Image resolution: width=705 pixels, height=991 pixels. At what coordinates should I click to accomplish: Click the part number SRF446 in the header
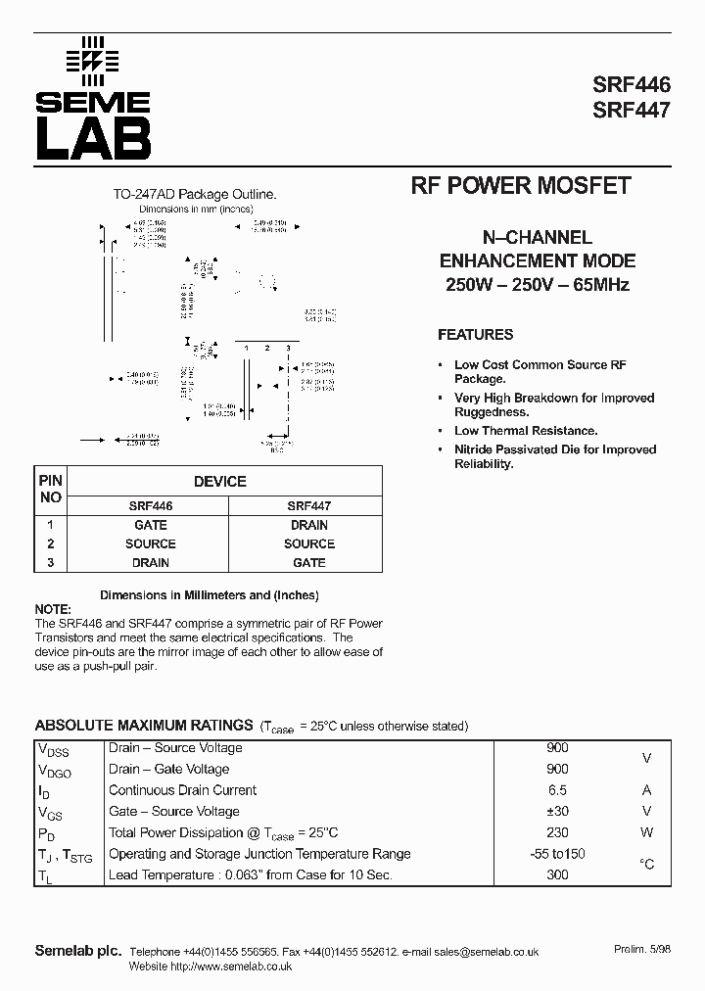(x=632, y=85)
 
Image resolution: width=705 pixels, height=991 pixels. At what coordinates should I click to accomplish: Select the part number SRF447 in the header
(x=632, y=110)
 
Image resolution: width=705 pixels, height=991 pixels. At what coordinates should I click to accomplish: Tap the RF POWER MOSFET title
(x=519, y=186)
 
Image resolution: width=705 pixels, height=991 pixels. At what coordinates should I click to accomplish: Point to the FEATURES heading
(x=475, y=335)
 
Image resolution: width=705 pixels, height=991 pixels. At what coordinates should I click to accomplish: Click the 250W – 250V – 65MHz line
(x=537, y=285)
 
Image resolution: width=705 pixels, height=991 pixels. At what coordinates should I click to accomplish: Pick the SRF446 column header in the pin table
(x=151, y=506)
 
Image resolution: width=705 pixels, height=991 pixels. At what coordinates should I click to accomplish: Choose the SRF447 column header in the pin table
(x=308, y=506)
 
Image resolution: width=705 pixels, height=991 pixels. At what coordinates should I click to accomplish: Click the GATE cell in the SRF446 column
(x=151, y=525)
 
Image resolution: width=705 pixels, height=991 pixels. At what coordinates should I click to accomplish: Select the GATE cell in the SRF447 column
(x=308, y=563)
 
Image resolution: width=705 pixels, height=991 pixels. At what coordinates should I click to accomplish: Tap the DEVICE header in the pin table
(x=220, y=482)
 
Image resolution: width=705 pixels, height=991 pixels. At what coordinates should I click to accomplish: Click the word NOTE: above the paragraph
(x=53, y=608)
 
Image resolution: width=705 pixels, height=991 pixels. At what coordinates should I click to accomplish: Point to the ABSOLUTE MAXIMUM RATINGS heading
(x=144, y=726)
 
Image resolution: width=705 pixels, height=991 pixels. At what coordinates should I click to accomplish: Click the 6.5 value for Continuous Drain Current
(x=557, y=790)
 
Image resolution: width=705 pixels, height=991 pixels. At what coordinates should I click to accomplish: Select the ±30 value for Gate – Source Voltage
(x=557, y=811)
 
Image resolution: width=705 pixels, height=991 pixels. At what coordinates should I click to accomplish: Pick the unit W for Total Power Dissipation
(x=646, y=832)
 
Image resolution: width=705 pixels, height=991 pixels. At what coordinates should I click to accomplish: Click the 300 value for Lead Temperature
(x=557, y=874)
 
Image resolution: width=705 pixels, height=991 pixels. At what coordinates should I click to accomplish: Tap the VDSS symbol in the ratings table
(x=54, y=750)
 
